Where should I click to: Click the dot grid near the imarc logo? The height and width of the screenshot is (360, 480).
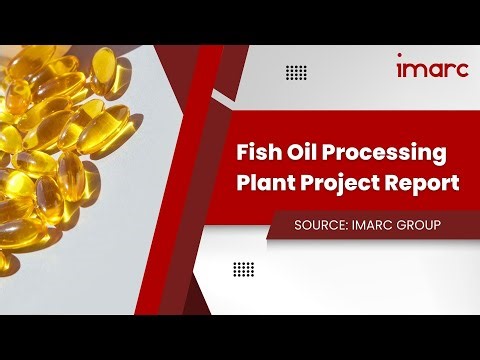[296, 72]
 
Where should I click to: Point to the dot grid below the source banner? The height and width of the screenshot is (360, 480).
[243, 269]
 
